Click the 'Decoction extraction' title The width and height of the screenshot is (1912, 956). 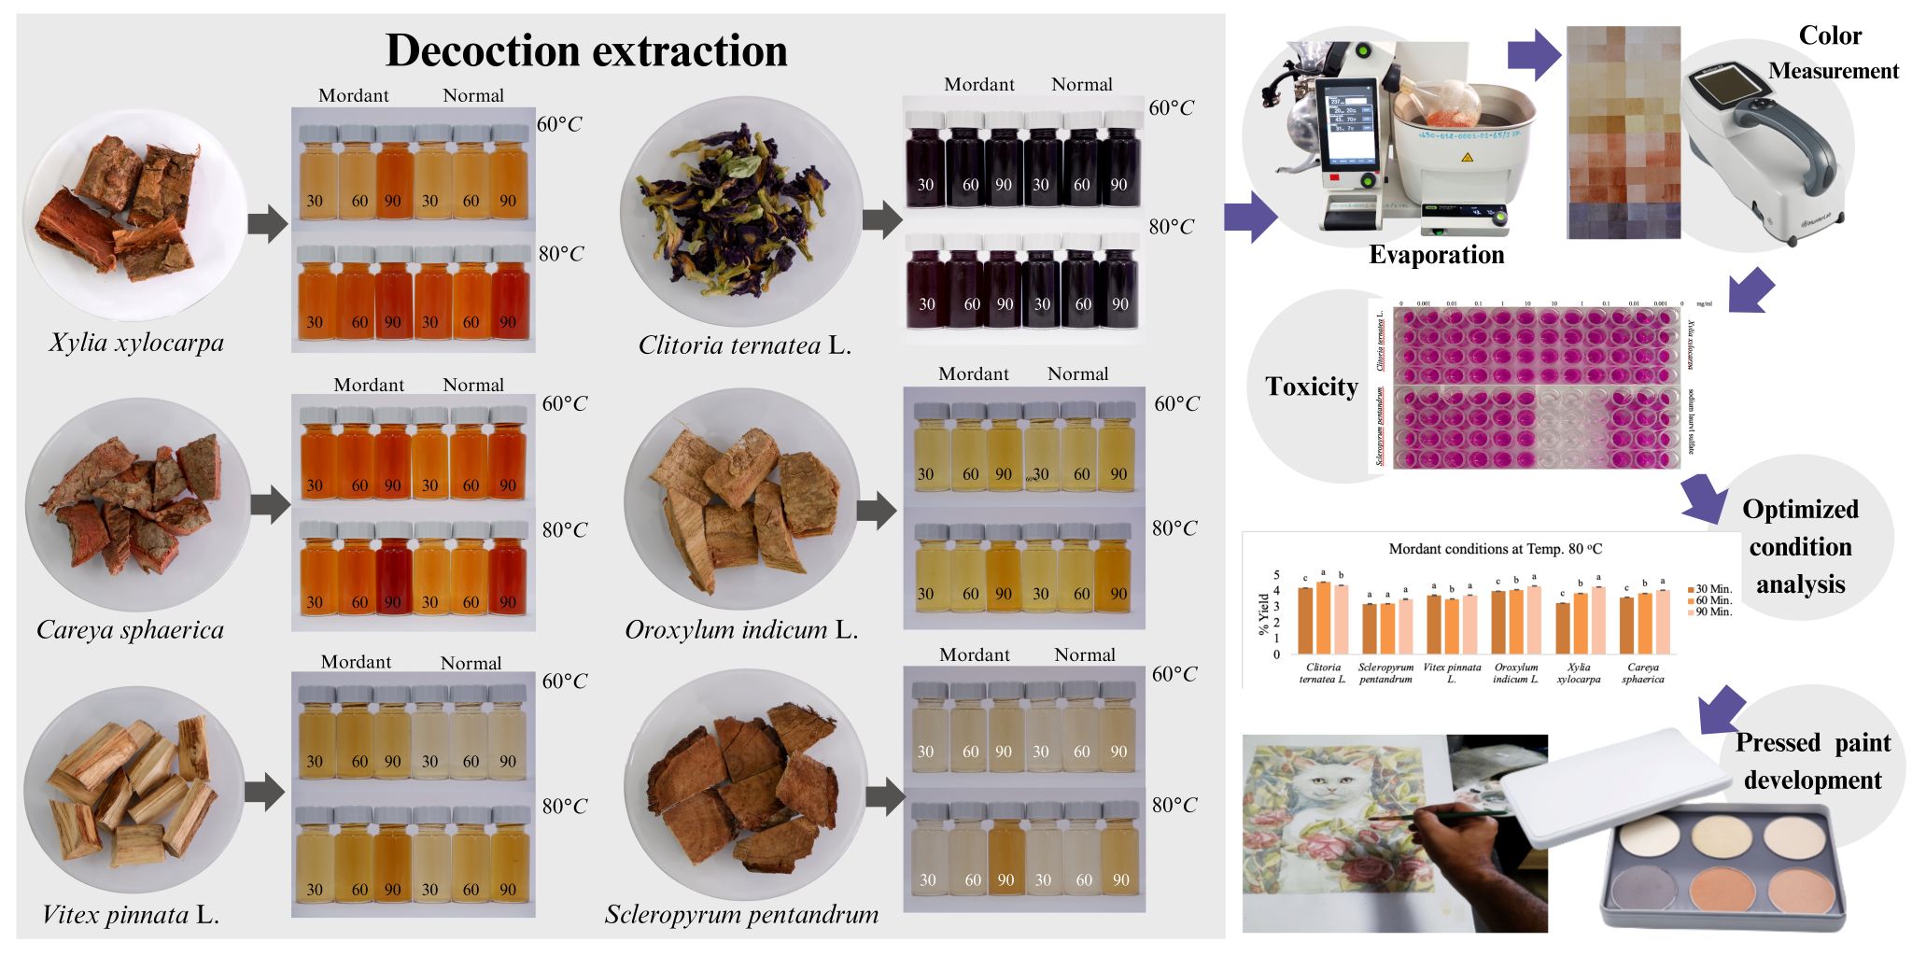pyautogui.click(x=586, y=50)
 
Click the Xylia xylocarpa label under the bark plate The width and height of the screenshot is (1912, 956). pyautogui.click(x=136, y=343)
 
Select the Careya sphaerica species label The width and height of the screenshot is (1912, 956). pyautogui.click(x=130, y=630)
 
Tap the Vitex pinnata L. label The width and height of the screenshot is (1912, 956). pyautogui.click(x=130, y=915)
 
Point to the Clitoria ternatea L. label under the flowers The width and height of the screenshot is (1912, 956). pyautogui.click(x=744, y=345)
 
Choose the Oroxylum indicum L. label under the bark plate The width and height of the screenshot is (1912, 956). pyautogui.click(x=741, y=630)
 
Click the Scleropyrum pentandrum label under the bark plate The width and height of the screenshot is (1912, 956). pyautogui.click(x=741, y=915)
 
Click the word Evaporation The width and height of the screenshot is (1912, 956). pyautogui.click(x=1436, y=255)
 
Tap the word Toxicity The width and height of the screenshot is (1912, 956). pyautogui.click(x=1311, y=387)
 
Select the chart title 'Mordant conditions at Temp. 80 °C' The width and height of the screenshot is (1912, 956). pyautogui.click(x=1495, y=549)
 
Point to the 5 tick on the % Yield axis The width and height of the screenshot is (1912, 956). pyautogui.click(x=1277, y=575)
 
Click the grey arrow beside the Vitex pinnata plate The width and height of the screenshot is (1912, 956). pyautogui.click(x=265, y=792)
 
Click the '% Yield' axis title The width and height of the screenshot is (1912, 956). pyautogui.click(x=1264, y=613)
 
